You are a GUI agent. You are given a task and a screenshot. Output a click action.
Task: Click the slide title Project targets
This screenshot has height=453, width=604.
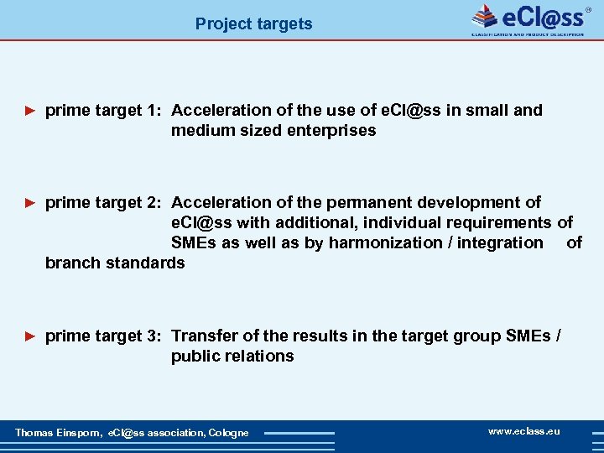click(253, 23)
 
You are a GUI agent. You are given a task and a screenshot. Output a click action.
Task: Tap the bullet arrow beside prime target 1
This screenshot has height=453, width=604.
click(30, 110)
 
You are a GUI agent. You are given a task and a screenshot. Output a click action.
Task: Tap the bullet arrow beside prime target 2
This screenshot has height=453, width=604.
click(30, 202)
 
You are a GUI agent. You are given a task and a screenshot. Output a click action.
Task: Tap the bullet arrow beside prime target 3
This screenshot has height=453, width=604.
click(30, 336)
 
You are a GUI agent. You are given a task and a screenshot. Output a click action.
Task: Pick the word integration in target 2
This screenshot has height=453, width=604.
click(502, 242)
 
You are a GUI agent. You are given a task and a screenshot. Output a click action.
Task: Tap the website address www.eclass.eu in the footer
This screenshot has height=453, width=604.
click(524, 431)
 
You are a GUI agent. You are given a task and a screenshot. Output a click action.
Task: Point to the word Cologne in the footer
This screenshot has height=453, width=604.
click(228, 433)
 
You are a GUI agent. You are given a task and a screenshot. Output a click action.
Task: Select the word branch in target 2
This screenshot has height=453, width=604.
click(71, 263)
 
